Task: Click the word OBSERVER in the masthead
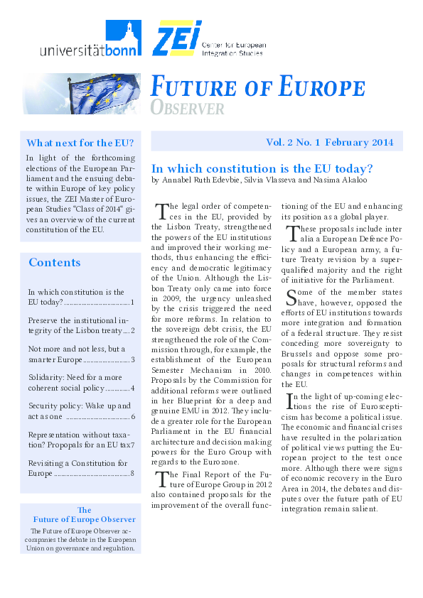(188, 109)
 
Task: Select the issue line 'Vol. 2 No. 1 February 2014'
(329, 142)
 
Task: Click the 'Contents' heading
(55, 263)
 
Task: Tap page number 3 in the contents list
(133, 359)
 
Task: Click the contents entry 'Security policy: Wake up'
(79, 406)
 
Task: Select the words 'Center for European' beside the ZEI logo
(234, 45)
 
